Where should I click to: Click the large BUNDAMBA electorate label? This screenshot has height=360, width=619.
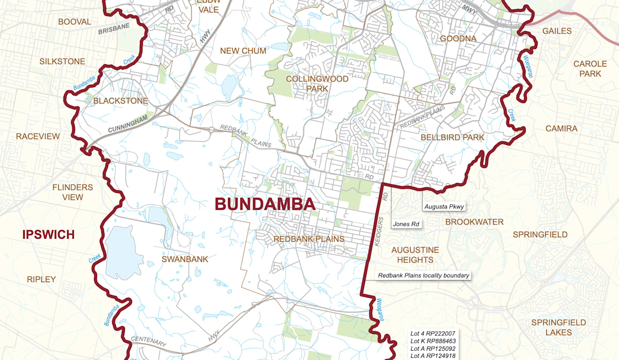(x=265, y=204)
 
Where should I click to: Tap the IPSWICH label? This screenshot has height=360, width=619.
(x=48, y=235)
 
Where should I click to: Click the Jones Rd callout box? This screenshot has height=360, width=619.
(x=406, y=224)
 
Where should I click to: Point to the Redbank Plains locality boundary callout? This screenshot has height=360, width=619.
(x=423, y=275)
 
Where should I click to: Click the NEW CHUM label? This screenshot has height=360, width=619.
(x=243, y=51)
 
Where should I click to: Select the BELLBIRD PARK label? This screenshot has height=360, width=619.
(x=452, y=137)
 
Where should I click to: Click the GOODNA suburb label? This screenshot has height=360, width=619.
(x=458, y=39)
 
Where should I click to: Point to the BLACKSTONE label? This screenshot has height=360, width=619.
(x=120, y=101)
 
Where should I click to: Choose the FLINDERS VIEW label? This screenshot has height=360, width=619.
(x=73, y=192)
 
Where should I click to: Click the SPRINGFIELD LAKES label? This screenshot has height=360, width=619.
(x=559, y=328)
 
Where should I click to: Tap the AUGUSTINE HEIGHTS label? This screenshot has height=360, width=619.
(x=415, y=254)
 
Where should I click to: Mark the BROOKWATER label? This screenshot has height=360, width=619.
(x=474, y=222)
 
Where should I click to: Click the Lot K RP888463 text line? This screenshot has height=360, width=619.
(x=432, y=341)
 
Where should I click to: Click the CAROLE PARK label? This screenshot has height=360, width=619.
(x=590, y=69)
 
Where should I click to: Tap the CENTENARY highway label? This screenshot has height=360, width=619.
(x=150, y=341)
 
